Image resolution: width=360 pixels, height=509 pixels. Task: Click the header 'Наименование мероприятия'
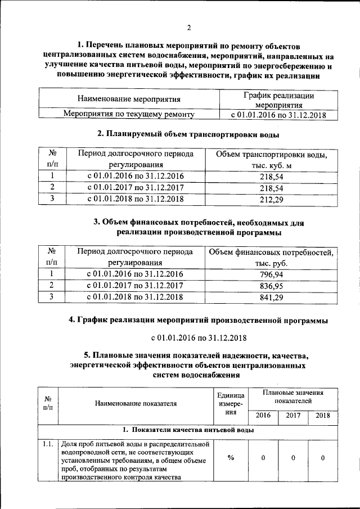[x=129, y=100]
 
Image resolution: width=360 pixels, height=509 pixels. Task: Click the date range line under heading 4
[x=199, y=338]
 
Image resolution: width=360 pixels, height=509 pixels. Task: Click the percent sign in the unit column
[x=231, y=458]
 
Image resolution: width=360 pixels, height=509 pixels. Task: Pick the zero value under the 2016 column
[x=263, y=458]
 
